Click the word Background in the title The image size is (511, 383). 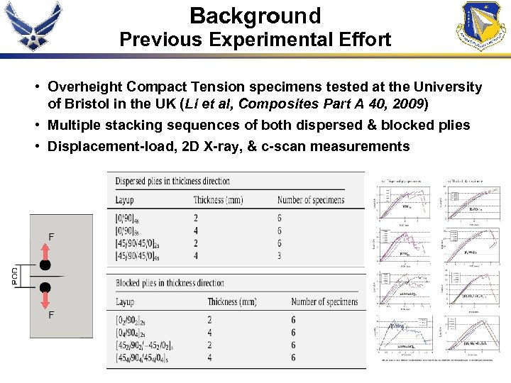coord(255,16)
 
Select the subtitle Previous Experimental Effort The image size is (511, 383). coord(255,40)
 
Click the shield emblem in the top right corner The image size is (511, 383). coord(484,26)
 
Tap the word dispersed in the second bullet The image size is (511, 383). coord(334,125)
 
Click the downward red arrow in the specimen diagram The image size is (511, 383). coord(45,301)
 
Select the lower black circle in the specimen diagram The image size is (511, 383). coord(45,287)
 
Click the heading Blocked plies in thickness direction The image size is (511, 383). coord(170,283)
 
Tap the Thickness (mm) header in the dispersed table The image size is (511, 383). coord(218,200)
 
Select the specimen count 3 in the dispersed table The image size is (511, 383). coord(280,255)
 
